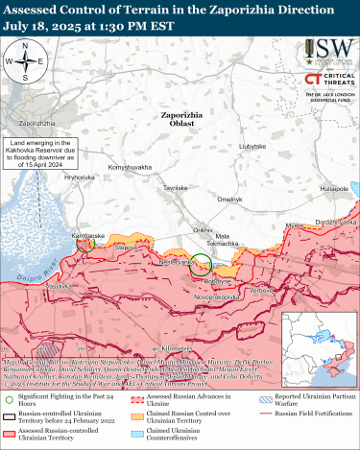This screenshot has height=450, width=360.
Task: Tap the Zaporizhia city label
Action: pyautogui.click(x=37, y=124)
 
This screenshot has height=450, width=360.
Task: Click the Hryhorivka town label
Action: pyautogui.click(x=80, y=178)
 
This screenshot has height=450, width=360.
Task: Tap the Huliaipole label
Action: pyautogui.click(x=332, y=190)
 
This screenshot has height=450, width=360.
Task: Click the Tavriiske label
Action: pyautogui.click(x=174, y=189)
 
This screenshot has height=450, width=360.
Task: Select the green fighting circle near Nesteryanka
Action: pyautogui.click(x=201, y=265)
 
